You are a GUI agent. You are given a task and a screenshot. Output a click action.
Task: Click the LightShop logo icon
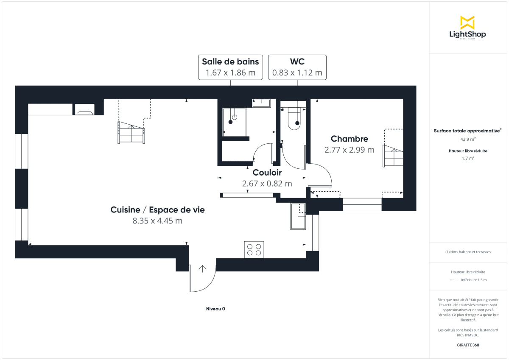coord(467,22)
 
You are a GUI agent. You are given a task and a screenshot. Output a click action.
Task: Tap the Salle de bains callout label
coord(230,67)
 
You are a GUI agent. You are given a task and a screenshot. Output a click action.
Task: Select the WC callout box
coord(297,67)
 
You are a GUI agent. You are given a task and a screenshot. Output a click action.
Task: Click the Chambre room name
coord(349,139)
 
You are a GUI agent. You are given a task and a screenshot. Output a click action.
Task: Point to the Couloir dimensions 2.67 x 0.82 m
coord(267,184)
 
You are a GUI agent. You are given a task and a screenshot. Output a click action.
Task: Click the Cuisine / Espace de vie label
coord(157,210)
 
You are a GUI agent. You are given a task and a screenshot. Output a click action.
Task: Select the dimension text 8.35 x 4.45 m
coord(157,220)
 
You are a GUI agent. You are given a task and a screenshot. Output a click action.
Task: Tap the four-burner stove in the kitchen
coord(254,249)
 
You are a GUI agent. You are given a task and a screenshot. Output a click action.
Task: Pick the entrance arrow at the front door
coord(202,268)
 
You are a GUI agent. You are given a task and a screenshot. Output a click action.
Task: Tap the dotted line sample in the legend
coord(453,280)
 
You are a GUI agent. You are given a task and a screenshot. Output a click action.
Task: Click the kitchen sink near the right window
coord(298,216)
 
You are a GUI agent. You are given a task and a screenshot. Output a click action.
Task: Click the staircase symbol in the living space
coord(131,133)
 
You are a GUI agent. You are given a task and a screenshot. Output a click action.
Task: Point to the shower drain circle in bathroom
coord(234,117)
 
